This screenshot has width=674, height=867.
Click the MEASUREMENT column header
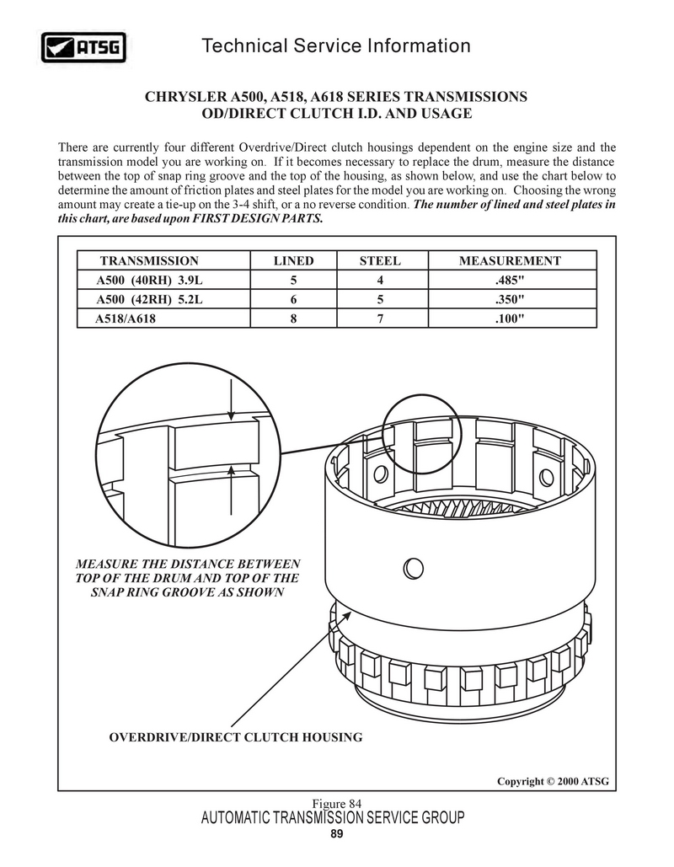coord(510,261)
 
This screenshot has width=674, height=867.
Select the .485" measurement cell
coord(510,281)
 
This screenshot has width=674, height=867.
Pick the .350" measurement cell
coord(510,300)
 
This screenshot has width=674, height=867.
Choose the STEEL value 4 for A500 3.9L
coord(381,281)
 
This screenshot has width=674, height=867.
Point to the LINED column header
coord(293,261)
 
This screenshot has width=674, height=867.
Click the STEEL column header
coord(380,261)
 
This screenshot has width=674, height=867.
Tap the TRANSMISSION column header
coord(149,261)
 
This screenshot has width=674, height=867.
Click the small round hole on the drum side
coord(412,568)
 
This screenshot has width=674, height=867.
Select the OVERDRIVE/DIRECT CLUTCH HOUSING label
coord(236,737)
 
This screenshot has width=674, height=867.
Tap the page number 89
coord(336,834)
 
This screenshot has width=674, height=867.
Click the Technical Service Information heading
coord(336,45)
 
